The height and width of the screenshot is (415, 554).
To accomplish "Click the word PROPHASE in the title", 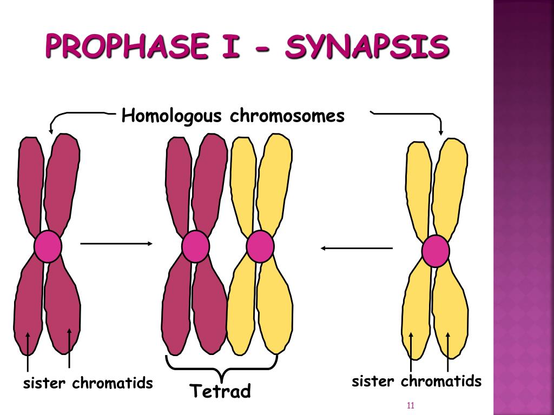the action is (x=127, y=45).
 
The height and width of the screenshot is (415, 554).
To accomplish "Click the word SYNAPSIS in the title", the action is (x=367, y=46).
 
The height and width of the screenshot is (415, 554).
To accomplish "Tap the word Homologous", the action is (x=172, y=116).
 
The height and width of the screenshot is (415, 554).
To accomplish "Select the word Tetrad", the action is (x=220, y=391).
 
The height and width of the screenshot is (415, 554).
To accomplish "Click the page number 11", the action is (x=410, y=405).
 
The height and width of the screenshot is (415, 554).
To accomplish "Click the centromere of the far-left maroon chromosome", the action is (x=48, y=246).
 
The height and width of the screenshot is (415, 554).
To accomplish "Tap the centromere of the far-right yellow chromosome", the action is (x=436, y=251).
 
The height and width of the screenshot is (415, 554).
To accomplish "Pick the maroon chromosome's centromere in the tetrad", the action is (x=196, y=246).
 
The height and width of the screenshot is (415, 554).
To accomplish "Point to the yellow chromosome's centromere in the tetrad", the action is (x=260, y=246).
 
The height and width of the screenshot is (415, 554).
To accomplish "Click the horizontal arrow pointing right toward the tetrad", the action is (x=116, y=244).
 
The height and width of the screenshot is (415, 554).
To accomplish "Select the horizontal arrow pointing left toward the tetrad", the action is (x=357, y=248).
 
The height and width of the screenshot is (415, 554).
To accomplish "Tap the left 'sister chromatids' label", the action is (x=88, y=383).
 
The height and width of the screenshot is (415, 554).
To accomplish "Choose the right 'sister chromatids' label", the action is (x=417, y=381).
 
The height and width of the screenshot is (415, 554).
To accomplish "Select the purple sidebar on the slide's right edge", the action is (x=524, y=207).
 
